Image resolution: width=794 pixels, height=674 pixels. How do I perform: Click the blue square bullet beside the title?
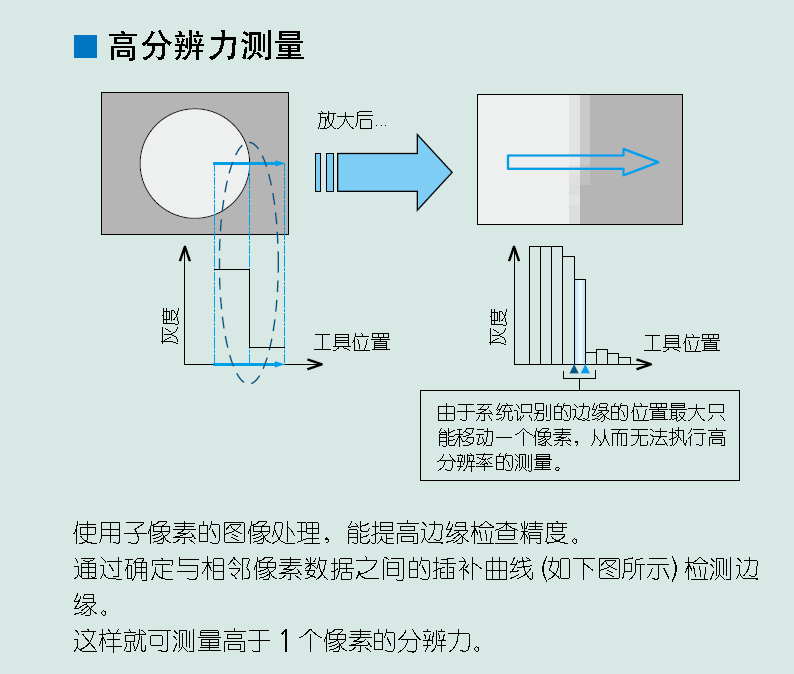tap(85, 47)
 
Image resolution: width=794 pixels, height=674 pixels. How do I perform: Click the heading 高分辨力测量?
tap(206, 46)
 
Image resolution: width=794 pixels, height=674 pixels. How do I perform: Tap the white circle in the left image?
tap(195, 164)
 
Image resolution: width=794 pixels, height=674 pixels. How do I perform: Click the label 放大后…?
tap(352, 121)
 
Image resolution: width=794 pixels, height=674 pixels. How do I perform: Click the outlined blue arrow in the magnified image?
tap(583, 162)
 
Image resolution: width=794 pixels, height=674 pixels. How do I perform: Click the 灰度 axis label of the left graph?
tap(170, 326)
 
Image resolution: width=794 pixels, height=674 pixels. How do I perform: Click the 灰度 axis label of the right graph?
tap(498, 327)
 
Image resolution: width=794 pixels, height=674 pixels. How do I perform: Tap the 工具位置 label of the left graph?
tap(352, 342)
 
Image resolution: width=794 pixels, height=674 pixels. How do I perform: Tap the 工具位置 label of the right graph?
tap(682, 343)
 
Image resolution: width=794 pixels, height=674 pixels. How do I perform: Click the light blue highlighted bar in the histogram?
tap(580, 322)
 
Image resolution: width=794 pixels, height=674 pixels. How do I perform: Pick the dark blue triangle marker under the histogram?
tap(574, 369)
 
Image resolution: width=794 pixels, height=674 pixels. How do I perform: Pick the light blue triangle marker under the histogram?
tap(585, 369)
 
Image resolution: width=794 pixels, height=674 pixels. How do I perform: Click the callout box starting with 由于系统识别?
tap(580, 435)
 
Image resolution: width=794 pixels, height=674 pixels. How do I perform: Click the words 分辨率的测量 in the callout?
tap(494, 462)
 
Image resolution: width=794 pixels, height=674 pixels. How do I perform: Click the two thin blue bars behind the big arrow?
tap(325, 172)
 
